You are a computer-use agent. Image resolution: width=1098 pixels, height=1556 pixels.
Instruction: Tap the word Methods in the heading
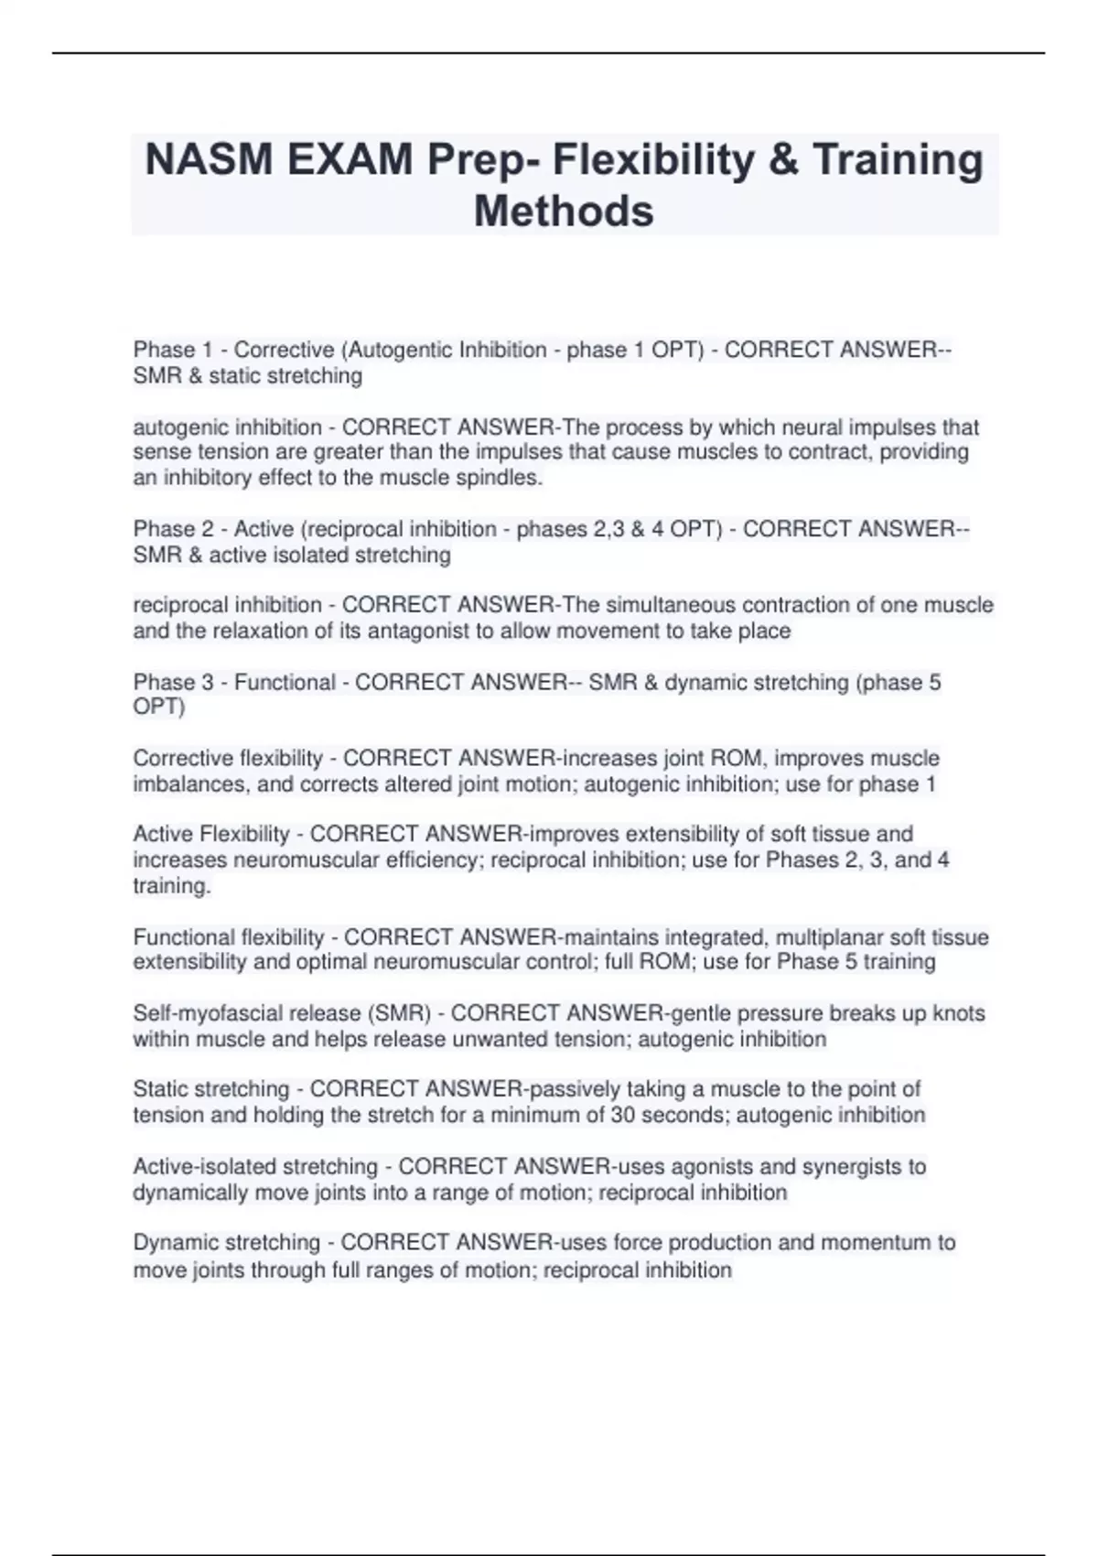(x=564, y=211)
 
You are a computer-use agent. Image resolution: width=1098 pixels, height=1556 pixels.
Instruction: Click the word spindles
(x=504, y=478)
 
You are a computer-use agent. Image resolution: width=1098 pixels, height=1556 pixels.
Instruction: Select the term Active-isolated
(x=255, y=1167)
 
